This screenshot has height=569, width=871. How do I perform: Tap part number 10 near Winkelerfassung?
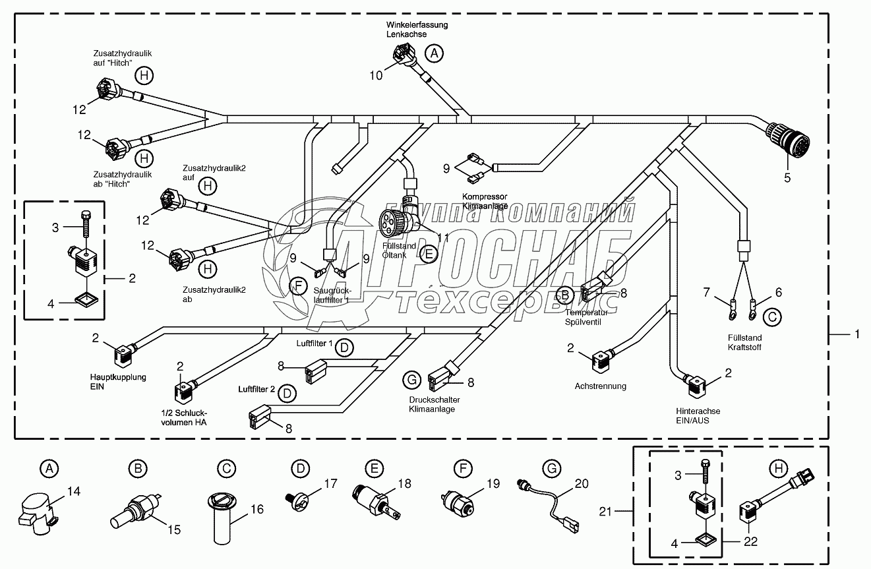pos(375,75)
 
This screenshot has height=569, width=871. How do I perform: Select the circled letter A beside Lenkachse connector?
pos(433,53)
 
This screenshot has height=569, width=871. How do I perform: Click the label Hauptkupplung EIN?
pos(118,382)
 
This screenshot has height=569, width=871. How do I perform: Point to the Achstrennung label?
pos(600,386)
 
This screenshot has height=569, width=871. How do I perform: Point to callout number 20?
pos(581,483)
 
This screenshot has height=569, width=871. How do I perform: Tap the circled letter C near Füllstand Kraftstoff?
pos(773,317)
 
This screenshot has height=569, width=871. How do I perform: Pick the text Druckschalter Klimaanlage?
pos(434,404)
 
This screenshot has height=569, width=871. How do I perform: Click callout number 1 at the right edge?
pos(856,335)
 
